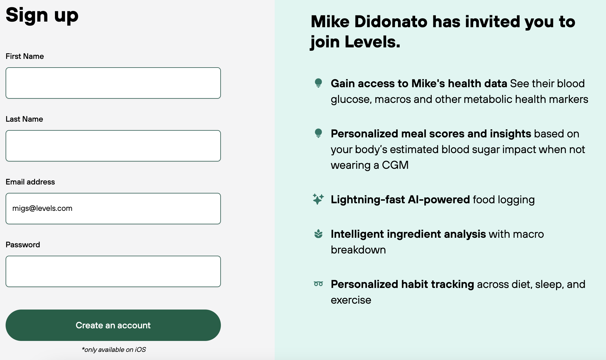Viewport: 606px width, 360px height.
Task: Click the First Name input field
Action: [113, 83]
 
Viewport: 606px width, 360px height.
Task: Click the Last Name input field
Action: [113, 146]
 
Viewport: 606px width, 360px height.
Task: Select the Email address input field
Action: [113, 209]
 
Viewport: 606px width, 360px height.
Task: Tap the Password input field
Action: [113, 271]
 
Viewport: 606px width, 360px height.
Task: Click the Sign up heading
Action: [42, 15]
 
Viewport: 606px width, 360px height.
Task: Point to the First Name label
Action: [25, 56]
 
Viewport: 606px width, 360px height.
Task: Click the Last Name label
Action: [24, 119]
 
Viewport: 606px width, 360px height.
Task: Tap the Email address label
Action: [30, 182]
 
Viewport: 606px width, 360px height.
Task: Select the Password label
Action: [23, 245]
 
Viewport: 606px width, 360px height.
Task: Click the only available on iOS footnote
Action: [114, 350]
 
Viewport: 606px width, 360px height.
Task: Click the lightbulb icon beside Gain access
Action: [318, 83]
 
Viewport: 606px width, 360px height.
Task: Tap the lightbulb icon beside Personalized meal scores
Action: [318, 133]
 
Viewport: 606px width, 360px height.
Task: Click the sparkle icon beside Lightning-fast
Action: [318, 199]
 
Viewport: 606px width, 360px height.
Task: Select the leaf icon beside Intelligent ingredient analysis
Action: [318, 234]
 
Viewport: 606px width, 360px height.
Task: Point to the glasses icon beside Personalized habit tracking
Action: [318, 284]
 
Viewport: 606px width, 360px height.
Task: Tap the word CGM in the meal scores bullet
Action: [395, 165]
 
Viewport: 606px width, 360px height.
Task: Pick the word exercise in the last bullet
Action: [351, 300]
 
